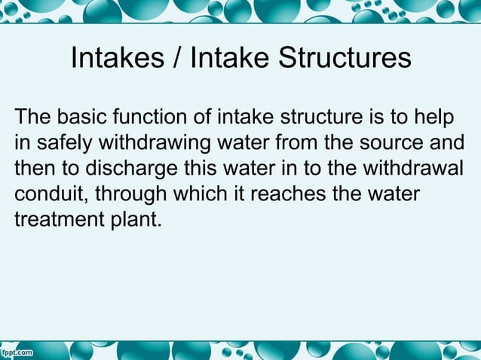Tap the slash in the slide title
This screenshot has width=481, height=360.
click(x=179, y=59)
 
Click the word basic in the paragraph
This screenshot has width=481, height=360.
click(x=81, y=118)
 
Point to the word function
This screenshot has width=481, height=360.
click(x=152, y=118)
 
